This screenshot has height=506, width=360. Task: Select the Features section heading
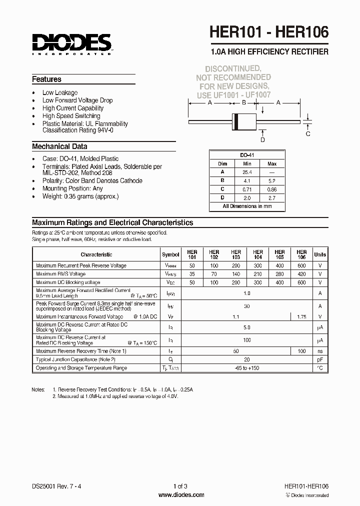(x=46, y=79)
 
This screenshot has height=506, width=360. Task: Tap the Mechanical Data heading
(x=59, y=146)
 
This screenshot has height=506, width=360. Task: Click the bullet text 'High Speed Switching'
(x=71, y=116)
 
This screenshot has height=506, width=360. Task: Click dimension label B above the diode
(x=244, y=102)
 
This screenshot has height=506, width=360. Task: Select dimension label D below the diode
(x=262, y=139)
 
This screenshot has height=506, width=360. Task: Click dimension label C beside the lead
(x=308, y=133)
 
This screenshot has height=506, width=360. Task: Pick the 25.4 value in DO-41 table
(x=247, y=171)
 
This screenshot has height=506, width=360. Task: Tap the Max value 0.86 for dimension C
(x=271, y=189)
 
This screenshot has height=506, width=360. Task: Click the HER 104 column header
(x=258, y=254)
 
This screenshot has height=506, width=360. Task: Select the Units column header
(x=320, y=254)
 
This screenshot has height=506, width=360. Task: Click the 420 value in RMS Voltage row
(x=301, y=274)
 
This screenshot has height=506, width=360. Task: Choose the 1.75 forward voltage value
(x=301, y=316)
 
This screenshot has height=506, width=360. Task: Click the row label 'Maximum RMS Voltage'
(x=61, y=274)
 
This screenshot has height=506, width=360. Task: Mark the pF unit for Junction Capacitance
(x=320, y=359)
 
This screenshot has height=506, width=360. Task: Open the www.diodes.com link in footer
(x=181, y=495)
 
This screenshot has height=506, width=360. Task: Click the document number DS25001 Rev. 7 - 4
(x=59, y=485)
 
